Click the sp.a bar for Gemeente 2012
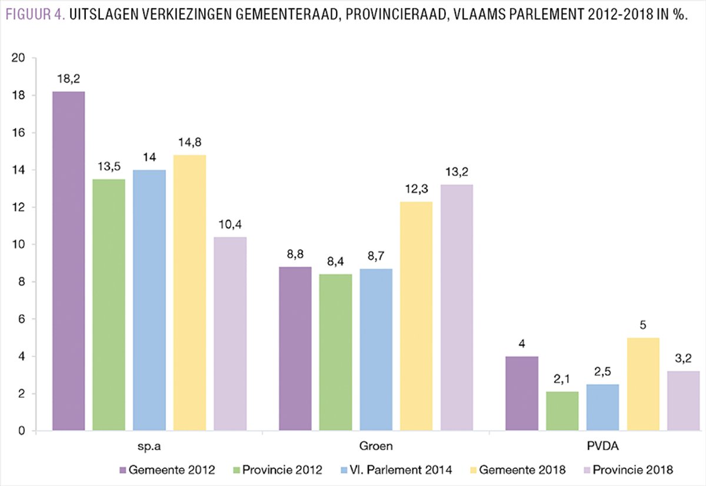(68, 262)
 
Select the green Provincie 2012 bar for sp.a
(109, 305)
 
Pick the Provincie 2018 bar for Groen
(457, 308)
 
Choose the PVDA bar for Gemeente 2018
(643, 384)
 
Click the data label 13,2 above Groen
(457, 172)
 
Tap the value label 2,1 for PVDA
(562, 379)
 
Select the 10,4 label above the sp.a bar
(230, 224)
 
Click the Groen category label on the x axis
(376, 447)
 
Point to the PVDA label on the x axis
(602, 447)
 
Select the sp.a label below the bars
(149, 447)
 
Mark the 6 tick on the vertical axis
(21, 319)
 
